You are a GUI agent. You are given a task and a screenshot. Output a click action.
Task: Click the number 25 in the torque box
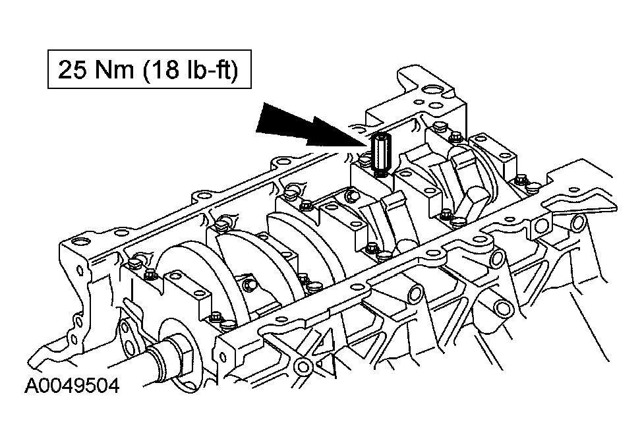pyautogui.click(x=73, y=69)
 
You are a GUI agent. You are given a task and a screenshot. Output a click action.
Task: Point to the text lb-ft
pyautogui.click(x=208, y=69)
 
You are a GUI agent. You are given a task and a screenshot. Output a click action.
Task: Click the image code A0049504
pyautogui.click(x=72, y=386)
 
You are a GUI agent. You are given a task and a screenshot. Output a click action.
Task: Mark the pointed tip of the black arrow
pyautogui.click(x=370, y=144)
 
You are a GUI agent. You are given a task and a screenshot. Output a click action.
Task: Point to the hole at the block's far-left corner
pyautogui.click(x=78, y=241)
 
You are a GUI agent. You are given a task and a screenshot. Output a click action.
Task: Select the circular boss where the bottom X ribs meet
pyautogui.click(x=303, y=365)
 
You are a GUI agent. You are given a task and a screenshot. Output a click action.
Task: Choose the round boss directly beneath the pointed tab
pyautogui.click(x=577, y=222)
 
